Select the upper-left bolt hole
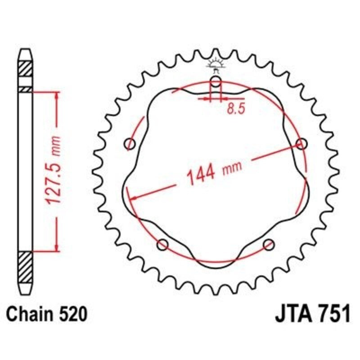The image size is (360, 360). [x=130, y=144]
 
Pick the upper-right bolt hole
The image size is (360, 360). [x=301, y=144]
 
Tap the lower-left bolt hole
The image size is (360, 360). [x=163, y=245]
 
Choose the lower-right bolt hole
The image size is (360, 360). [x=269, y=245]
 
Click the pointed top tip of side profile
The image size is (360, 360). [x=25, y=50]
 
